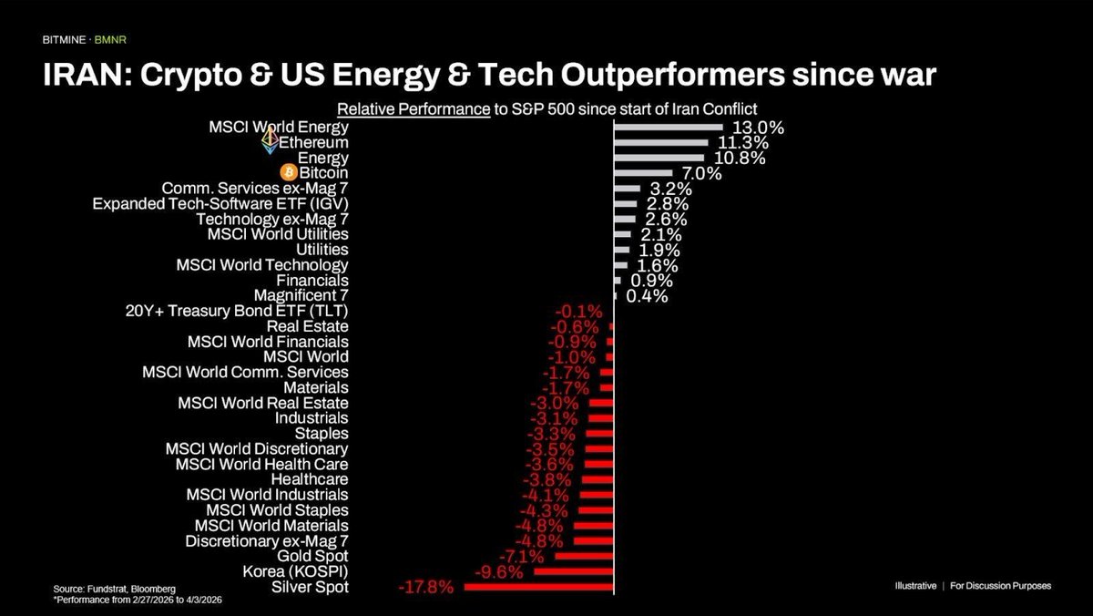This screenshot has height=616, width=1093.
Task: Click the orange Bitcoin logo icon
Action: [x=290, y=172]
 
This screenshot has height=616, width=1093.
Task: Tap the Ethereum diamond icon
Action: [x=270, y=141]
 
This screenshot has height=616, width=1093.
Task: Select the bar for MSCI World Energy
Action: [x=669, y=128]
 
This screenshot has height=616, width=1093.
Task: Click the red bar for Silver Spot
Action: [x=539, y=587]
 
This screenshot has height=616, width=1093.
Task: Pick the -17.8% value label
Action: [x=425, y=587]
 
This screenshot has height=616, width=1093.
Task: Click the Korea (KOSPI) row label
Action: [x=296, y=571]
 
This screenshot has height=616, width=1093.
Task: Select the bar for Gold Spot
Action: [x=584, y=556]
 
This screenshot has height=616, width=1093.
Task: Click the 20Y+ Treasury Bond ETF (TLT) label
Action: [x=236, y=311]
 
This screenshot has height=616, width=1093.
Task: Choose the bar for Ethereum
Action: [x=661, y=143]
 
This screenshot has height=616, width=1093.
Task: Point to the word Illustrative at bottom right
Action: [x=914, y=586]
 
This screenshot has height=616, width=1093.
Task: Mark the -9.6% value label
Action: [x=499, y=571]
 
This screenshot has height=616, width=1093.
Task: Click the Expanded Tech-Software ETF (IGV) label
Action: [x=220, y=203]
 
